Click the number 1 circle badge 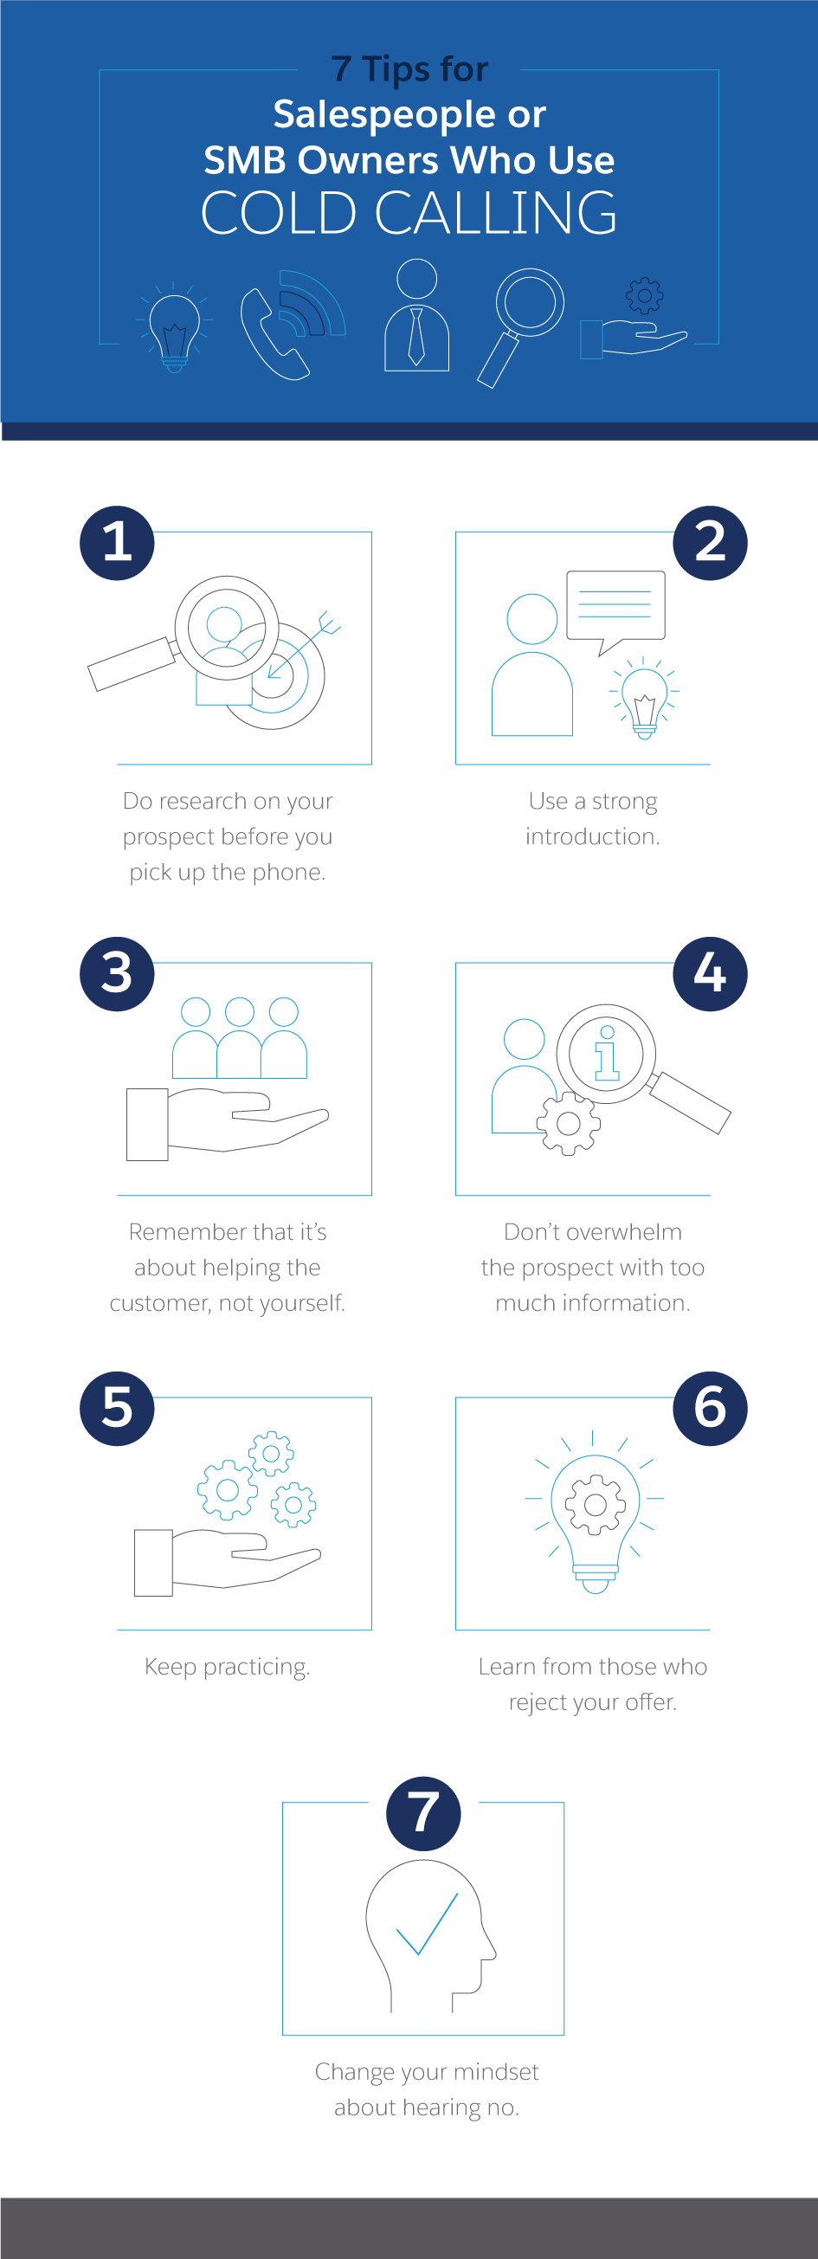click(117, 543)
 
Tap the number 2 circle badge click(710, 543)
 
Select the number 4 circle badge click(710, 974)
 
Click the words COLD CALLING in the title click(409, 213)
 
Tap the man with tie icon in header click(416, 316)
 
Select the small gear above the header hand click(644, 296)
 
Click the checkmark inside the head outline click(427, 1924)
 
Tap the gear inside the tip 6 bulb click(596, 1505)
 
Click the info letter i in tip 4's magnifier click(607, 1052)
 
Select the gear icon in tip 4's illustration click(568, 1123)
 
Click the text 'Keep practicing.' click(227, 1667)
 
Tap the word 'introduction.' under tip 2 click(593, 836)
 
